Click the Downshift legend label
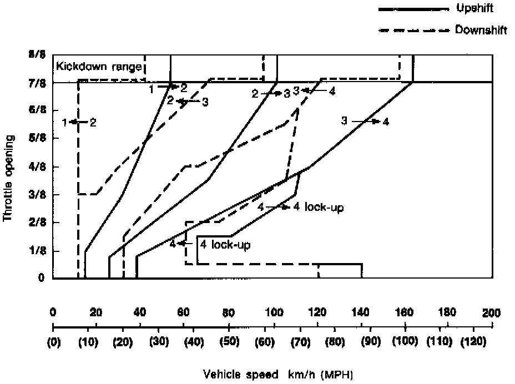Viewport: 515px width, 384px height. (480, 30)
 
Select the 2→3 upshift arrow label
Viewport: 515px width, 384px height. (271, 94)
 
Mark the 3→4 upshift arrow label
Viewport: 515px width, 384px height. (365, 121)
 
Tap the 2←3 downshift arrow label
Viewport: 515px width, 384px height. (188, 102)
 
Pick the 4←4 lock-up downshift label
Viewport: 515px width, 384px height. (210, 244)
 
